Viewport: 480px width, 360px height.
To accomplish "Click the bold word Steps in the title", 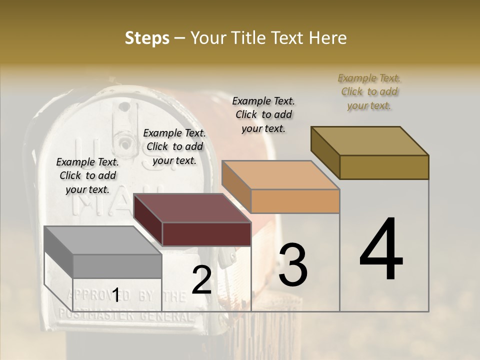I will pos(147,38).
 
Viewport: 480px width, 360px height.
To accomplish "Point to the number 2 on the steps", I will pos(201,280).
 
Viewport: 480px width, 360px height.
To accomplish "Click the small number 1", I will pos(115,295).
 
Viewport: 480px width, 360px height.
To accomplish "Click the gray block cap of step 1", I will pos(103,253).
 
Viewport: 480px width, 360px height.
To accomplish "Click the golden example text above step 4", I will pos(369,91).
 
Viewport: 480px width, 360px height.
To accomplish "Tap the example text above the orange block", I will pos(263,114).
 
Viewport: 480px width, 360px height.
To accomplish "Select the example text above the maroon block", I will pos(174,146).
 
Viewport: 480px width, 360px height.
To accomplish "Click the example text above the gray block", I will pos(87,175).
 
